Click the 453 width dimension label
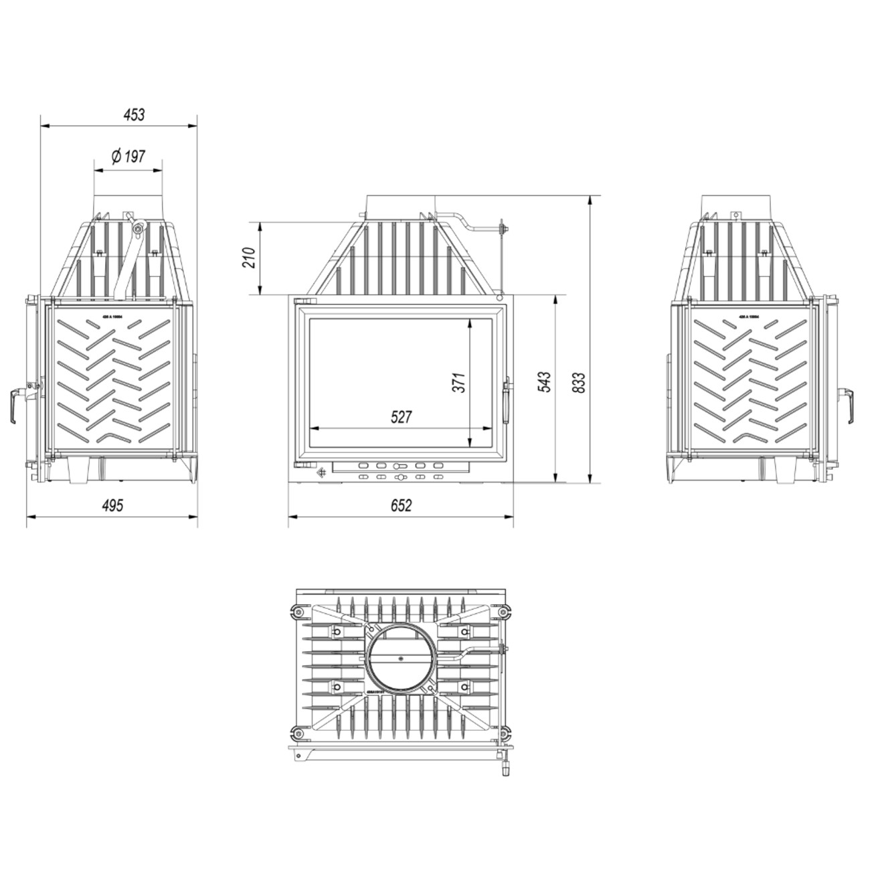click(134, 114)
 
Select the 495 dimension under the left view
click(112, 505)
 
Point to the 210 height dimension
click(249, 258)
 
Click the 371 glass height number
click(459, 382)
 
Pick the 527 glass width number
click(401, 417)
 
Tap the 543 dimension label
click(544, 381)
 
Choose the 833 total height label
click(579, 382)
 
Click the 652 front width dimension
click(400, 506)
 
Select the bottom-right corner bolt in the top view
click(505, 729)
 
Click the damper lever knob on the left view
click(138, 229)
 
